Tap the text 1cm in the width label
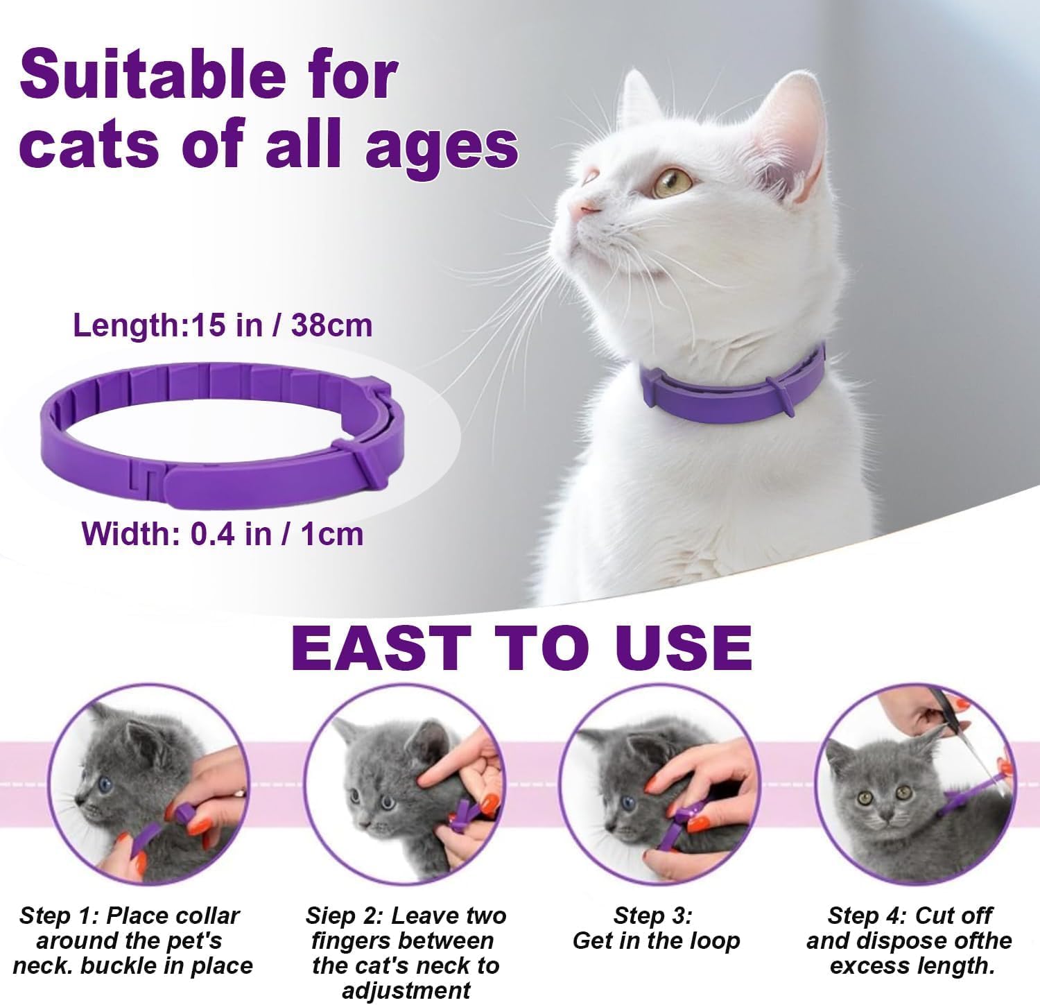point(332,534)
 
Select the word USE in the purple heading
point(684,647)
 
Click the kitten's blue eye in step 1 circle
point(105,784)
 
